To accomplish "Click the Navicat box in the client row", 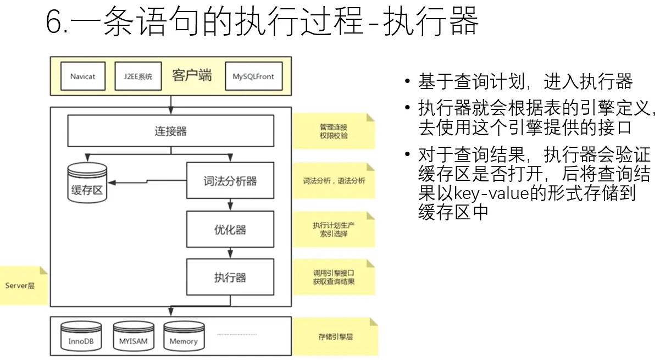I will tap(82, 76).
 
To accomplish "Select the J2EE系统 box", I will tap(138, 76).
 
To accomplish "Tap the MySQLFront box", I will tap(253, 76).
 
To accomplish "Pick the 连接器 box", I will tap(170, 131).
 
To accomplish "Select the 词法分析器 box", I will tap(230, 180).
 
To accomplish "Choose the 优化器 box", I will tap(230, 229).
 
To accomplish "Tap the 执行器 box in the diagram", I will tap(230, 276).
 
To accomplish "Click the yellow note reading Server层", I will tap(22, 285).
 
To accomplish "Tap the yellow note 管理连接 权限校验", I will tap(334, 131).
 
